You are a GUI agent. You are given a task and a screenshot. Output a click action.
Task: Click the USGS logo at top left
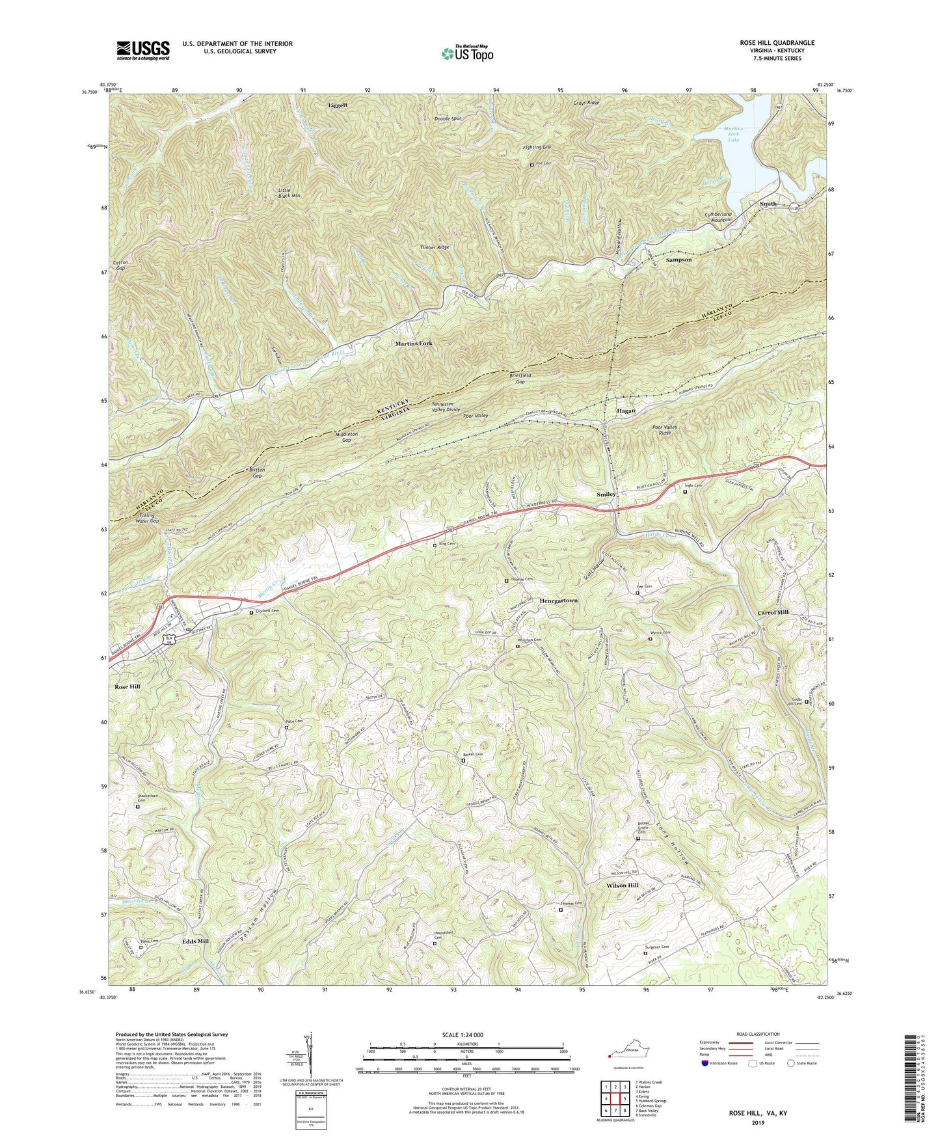(143, 50)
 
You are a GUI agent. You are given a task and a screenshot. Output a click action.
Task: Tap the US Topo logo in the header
(466, 54)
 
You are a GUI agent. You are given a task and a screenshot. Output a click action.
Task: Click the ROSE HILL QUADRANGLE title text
(777, 43)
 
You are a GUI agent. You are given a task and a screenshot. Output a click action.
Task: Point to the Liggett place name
(338, 105)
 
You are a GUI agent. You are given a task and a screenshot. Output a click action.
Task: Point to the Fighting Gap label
(537, 148)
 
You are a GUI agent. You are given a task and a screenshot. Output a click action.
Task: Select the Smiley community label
(606, 494)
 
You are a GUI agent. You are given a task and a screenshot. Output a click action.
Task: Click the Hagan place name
(625, 411)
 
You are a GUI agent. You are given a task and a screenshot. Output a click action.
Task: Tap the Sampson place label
(678, 260)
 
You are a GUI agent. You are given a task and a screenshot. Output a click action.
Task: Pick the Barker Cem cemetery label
(474, 754)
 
